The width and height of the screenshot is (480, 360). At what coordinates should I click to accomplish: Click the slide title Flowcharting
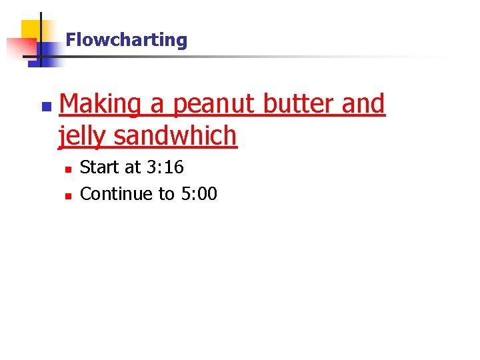tap(127, 40)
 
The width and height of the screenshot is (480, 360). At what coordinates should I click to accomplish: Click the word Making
tap(100, 105)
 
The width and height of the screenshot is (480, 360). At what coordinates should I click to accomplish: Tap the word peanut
tap(214, 105)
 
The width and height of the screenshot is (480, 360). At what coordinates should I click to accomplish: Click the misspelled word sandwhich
tap(175, 136)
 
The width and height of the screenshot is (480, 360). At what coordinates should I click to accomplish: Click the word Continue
tap(117, 194)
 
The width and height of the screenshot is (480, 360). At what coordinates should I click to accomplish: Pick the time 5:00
tap(199, 194)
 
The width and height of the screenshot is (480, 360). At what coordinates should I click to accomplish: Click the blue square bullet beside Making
tap(45, 107)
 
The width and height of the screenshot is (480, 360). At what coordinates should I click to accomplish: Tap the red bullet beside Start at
tap(68, 169)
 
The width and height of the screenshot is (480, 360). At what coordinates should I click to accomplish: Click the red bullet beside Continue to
tap(68, 196)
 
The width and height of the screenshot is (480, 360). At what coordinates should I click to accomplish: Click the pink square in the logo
tap(18, 49)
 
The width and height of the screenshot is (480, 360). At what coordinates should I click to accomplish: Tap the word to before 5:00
tap(166, 194)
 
